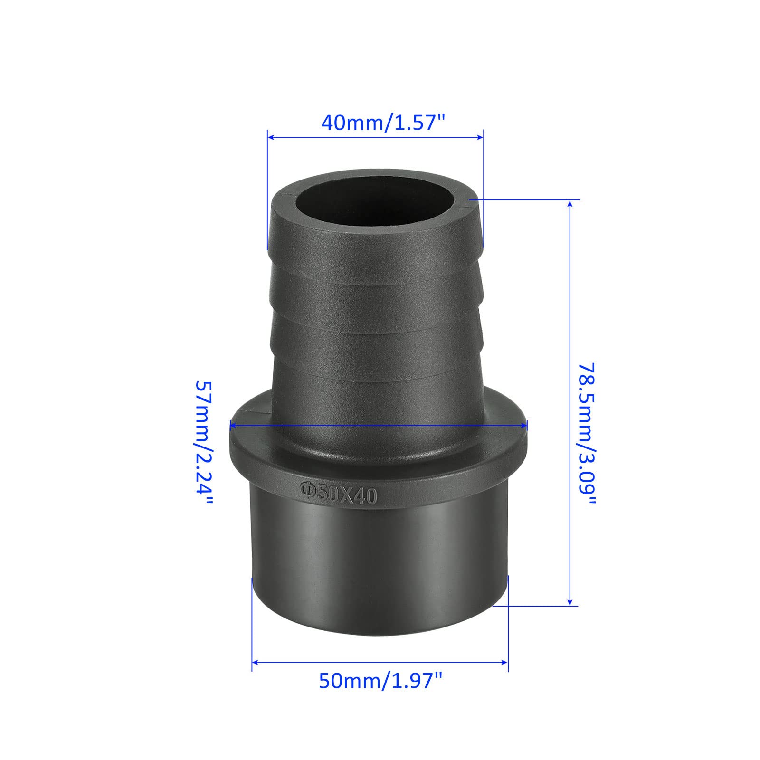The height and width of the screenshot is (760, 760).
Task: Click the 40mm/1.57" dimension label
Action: click(x=384, y=123)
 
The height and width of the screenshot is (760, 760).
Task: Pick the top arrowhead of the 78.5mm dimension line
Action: click(x=570, y=204)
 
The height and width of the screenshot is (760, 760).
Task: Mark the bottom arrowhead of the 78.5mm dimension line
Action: click(x=570, y=601)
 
